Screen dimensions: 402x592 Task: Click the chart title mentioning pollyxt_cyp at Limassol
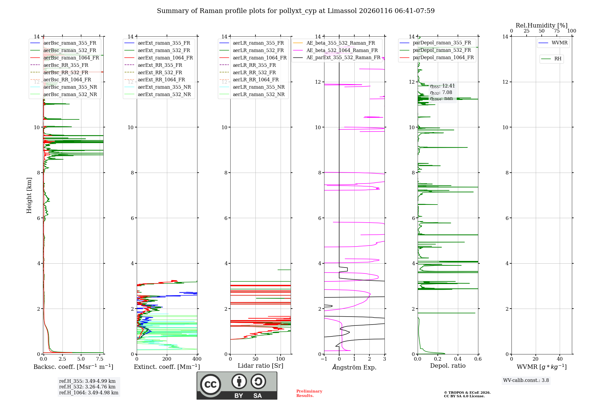(296, 11)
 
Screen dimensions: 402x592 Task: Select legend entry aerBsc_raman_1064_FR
(71, 58)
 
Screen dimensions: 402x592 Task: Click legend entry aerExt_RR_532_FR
(160, 72)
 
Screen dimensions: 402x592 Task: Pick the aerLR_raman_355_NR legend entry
(258, 87)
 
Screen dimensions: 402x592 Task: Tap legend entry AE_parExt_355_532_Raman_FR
(343, 57)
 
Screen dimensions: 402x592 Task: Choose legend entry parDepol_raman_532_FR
(442, 50)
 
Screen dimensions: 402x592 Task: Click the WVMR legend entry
(559, 43)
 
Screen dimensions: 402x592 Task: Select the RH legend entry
(558, 59)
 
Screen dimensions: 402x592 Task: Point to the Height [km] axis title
(29, 195)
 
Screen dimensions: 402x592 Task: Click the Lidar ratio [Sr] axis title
(260, 366)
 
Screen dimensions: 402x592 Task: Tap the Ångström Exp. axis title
(354, 367)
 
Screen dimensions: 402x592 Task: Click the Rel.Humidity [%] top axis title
(541, 25)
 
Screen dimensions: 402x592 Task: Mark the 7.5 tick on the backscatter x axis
(100, 359)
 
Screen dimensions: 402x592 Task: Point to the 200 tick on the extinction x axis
(167, 359)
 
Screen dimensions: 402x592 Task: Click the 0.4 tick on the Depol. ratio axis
(458, 359)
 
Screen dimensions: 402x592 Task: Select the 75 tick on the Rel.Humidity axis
(557, 31)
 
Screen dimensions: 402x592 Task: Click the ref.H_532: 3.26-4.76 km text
(87, 387)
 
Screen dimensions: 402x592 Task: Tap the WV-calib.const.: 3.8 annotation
(526, 380)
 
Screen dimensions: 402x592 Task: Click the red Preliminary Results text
(309, 393)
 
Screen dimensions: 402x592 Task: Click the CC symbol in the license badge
(210, 384)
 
